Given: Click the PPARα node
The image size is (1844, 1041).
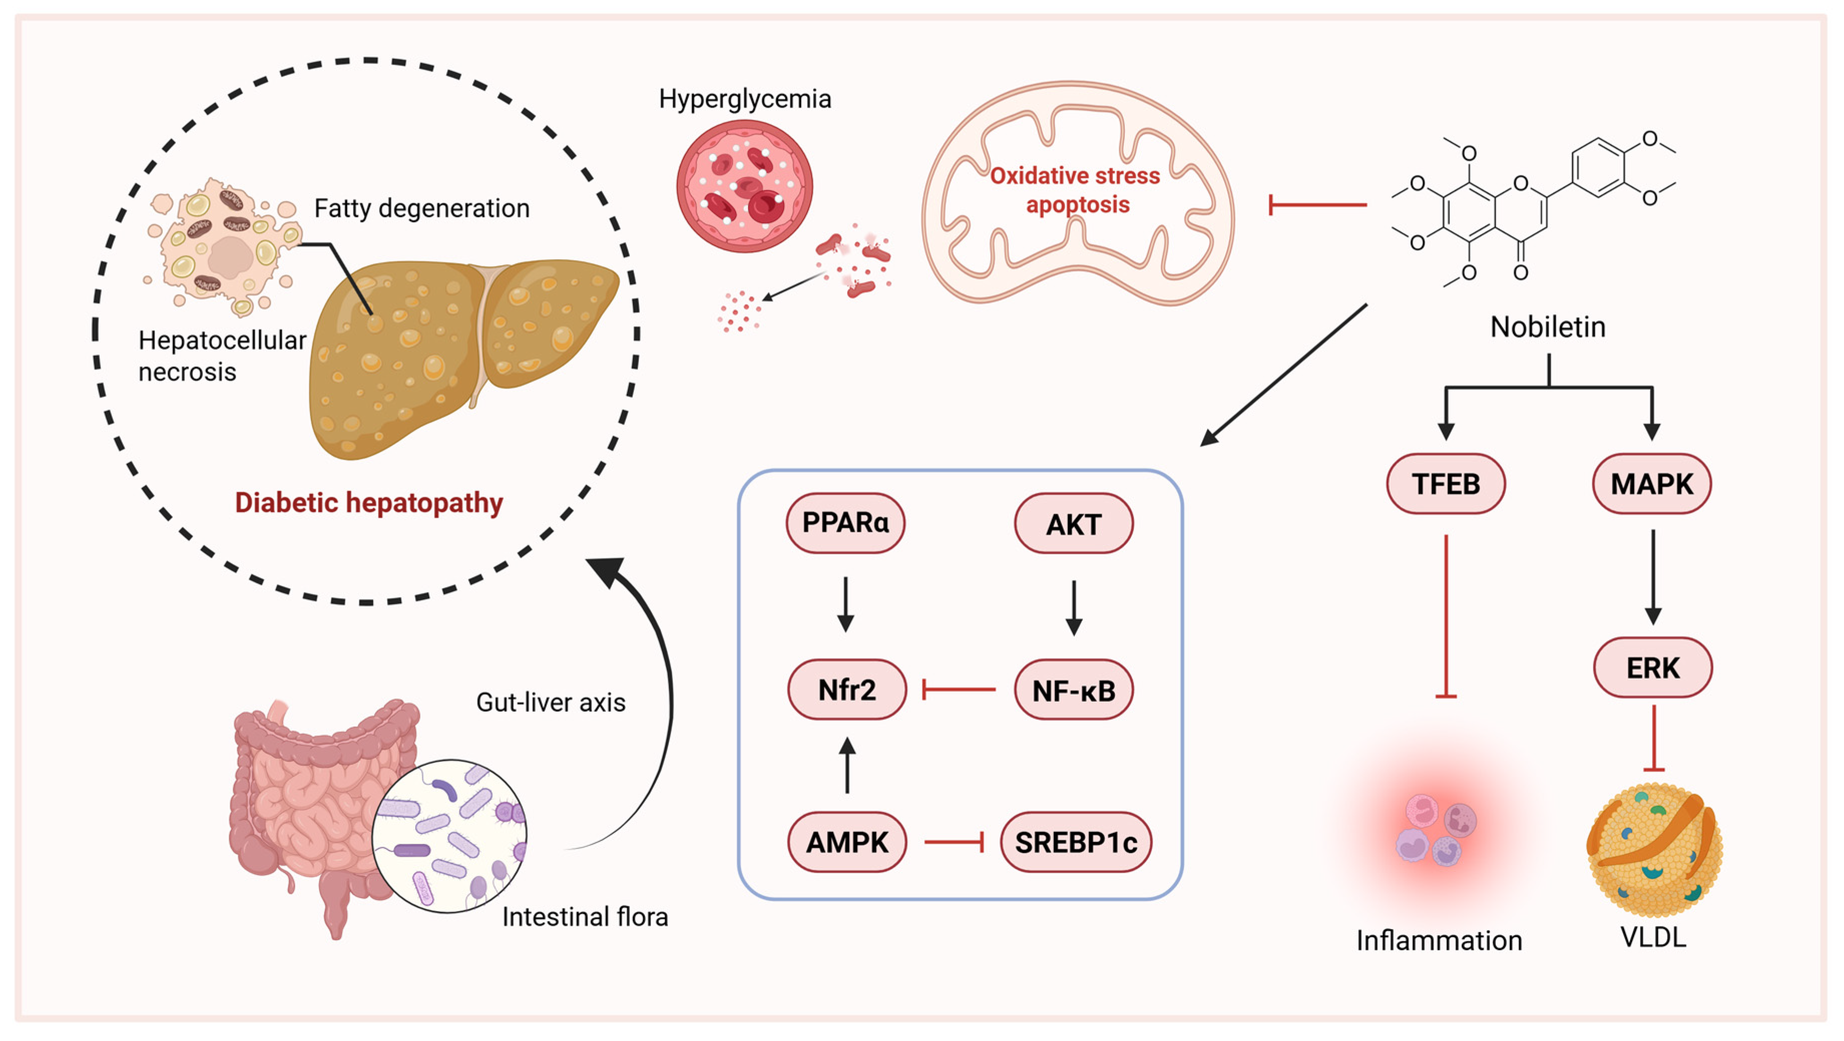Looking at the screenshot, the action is pyautogui.click(x=845, y=523).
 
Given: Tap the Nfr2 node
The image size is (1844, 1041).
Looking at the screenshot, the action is pyautogui.click(x=847, y=690).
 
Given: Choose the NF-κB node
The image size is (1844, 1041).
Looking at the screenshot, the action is pyautogui.click(x=1074, y=690).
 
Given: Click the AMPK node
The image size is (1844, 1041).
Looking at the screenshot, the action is pyautogui.click(x=847, y=842).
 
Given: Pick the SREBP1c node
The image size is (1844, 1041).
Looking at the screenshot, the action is pyautogui.click(x=1076, y=842).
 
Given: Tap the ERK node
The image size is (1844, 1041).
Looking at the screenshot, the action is pyautogui.click(x=1653, y=667).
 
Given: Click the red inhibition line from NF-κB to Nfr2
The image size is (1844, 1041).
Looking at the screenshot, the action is pyautogui.click(x=959, y=690).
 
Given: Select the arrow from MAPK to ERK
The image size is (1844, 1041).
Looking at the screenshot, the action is pyautogui.click(x=1653, y=577).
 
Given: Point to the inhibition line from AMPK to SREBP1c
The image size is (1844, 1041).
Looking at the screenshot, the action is pyautogui.click(x=954, y=842).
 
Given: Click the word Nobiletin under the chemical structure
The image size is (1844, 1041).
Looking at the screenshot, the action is pyautogui.click(x=1548, y=327).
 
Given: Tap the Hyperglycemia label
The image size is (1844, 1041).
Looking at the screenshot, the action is pyautogui.click(x=745, y=99).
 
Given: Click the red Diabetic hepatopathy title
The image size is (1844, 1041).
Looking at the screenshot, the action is pyautogui.click(x=369, y=503).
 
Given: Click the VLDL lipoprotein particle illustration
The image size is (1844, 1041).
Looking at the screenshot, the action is pyautogui.click(x=1654, y=851).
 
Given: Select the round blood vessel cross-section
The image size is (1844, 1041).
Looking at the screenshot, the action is pyautogui.click(x=745, y=186).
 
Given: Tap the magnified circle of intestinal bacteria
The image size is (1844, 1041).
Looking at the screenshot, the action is pyautogui.click(x=449, y=836).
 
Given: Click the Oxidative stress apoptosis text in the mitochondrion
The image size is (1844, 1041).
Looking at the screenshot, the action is pyautogui.click(x=1076, y=190).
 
